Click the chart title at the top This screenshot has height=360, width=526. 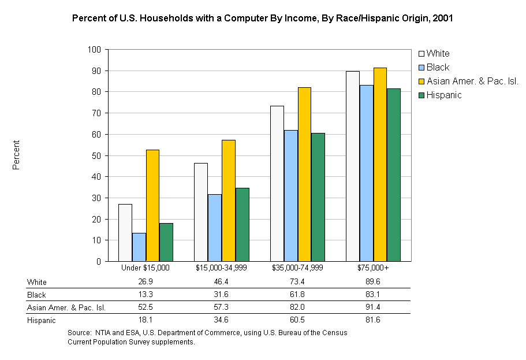(262, 18)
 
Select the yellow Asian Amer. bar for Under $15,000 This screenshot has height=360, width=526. (152, 205)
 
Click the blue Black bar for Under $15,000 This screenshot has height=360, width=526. (139, 247)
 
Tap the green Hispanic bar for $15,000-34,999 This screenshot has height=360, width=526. (242, 224)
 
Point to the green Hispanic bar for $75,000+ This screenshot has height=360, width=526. (394, 175)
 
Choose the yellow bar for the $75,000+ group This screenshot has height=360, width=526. (380, 164)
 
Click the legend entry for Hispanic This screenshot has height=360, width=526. (443, 95)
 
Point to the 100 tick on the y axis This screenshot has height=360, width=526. (94, 50)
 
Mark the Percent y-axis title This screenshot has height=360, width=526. (16, 155)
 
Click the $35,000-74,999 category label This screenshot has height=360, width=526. (297, 268)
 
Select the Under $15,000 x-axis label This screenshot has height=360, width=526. (146, 268)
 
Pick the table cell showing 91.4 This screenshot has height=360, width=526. (373, 307)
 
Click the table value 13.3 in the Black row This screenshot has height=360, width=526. (146, 295)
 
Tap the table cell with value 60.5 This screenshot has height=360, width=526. (297, 320)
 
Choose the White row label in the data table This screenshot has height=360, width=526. (37, 282)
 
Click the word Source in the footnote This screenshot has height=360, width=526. (79, 333)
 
